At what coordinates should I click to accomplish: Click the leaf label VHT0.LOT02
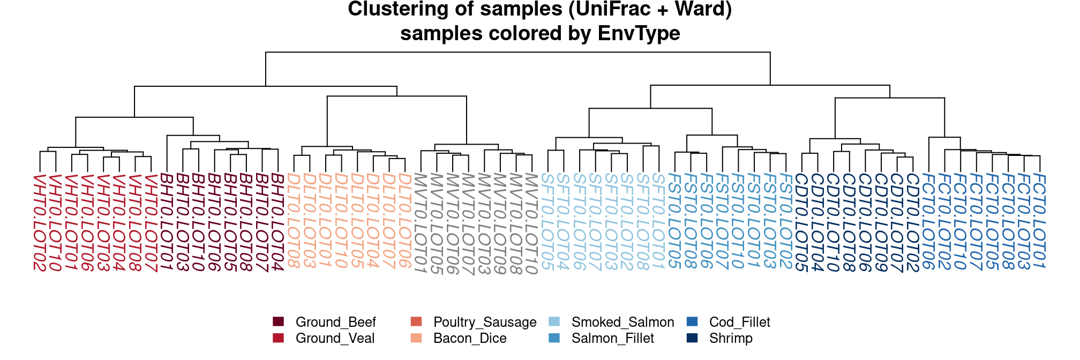pyautogui.click(x=40, y=223)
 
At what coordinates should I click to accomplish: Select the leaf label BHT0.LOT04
pyautogui.click(x=277, y=222)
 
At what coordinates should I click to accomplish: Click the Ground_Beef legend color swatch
pyautogui.click(x=278, y=322)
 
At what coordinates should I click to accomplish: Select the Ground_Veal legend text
pyautogui.click(x=335, y=339)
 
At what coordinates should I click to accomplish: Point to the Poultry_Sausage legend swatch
pyautogui.click(x=416, y=322)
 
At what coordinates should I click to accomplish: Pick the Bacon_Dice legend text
pyautogui.click(x=470, y=339)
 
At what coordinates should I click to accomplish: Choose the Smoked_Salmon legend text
pyautogui.click(x=622, y=322)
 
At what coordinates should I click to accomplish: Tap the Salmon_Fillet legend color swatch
pyautogui.click(x=554, y=339)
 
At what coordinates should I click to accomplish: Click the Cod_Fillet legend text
pyautogui.click(x=739, y=322)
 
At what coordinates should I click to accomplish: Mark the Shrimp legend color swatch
pyautogui.click(x=692, y=339)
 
